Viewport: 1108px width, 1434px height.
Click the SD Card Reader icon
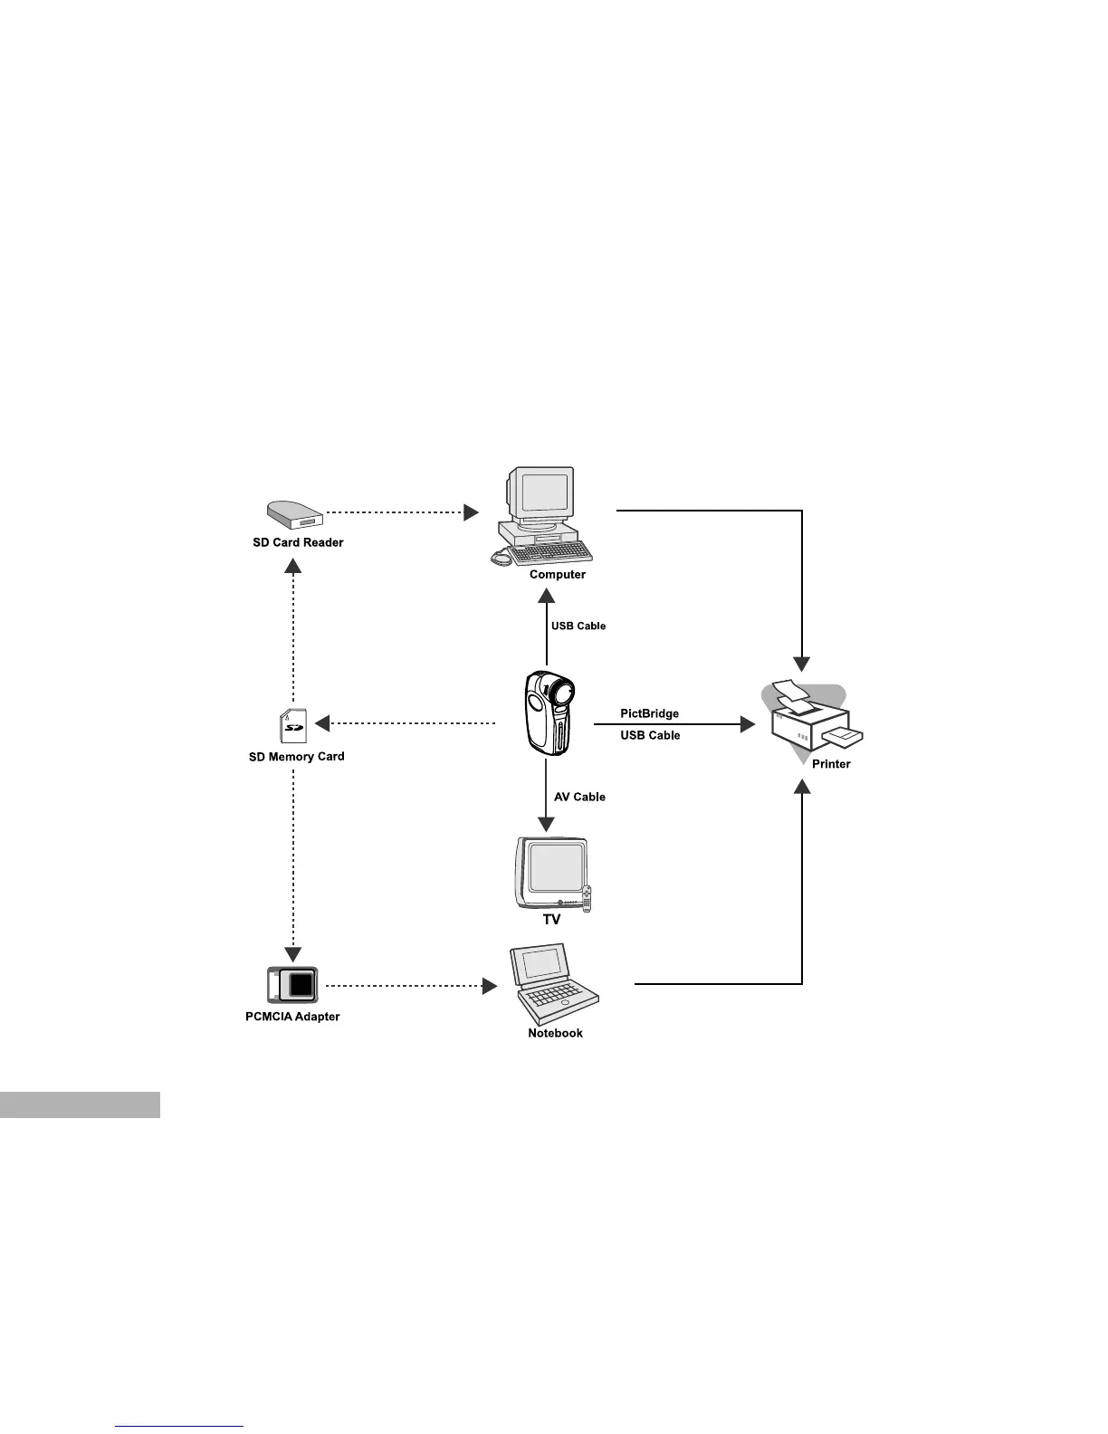tap(294, 514)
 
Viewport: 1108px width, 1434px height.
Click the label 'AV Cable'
tap(579, 797)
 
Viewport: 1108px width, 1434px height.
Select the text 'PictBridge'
tap(649, 713)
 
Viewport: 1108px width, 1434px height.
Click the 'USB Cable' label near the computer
tap(578, 626)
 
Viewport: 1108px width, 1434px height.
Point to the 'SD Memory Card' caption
tap(296, 756)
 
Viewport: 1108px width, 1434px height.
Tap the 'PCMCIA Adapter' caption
tap(292, 1017)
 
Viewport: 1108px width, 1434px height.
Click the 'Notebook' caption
tap(555, 1033)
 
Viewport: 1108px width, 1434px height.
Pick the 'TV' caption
tap(551, 919)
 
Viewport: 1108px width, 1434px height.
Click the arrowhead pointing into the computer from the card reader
tap(471, 512)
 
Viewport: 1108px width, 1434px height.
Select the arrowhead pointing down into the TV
tap(546, 824)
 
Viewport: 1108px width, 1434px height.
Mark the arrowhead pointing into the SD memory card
tap(321, 723)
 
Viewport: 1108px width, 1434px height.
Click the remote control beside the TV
tap(587, 898)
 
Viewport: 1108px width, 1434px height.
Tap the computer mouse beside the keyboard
tap(501, 559)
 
